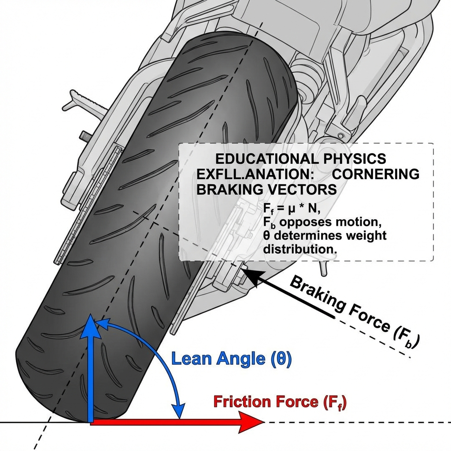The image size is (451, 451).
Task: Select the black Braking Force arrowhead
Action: point(248,272)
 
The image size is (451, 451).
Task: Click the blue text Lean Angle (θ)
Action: point(231,359)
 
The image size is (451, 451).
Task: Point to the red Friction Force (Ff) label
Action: point(280,402)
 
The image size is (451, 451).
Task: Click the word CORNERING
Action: point(375,174)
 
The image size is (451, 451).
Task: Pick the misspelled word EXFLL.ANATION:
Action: point(248,174)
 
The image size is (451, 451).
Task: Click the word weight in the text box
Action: point(363,235)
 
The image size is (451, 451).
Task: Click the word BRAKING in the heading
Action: point(229,190)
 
